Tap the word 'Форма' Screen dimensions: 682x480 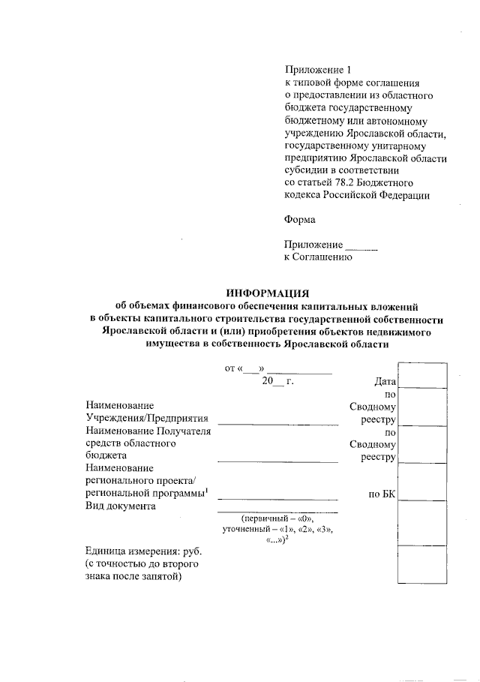(x=300, y=220)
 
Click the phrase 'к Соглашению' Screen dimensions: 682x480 (x=317, y=257)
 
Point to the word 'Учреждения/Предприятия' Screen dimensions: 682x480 (x=147, y=418)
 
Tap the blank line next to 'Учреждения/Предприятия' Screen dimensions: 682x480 (x=277, y=423)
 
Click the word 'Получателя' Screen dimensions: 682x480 (x=184, y=431)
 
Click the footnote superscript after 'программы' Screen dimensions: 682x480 (x=206, y=490)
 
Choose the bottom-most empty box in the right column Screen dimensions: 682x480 (x=422, y=564)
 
